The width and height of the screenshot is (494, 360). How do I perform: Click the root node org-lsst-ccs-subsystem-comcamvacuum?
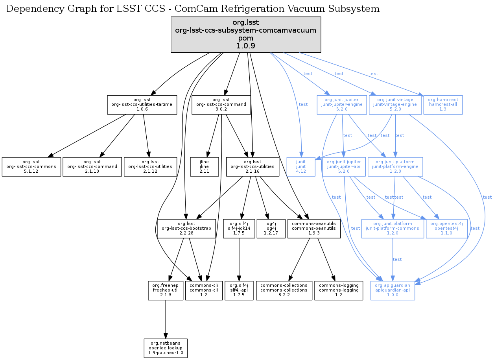click(x=246, y=34)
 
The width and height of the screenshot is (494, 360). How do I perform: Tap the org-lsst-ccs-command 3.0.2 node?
click(x=221, y=105)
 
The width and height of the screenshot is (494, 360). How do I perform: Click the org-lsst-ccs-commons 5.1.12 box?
click(x=31, y=167)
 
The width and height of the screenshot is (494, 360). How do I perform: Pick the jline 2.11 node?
click(x=204, y=167)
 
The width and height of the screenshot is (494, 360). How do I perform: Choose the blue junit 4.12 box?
click(x=301, y=167)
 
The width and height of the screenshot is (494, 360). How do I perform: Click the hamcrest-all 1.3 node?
click(x=443, y=105)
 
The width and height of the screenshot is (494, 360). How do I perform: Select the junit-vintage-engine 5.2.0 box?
click(x=395, y=105)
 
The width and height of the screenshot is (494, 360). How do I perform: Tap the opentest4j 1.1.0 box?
click(x=446, y=229)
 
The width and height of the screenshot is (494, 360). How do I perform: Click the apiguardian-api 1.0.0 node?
click(x=393, y=291)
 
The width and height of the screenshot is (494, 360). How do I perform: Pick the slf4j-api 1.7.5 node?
click(x=239, y=291)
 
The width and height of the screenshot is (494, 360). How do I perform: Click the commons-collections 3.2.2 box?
click(x=284, y=291)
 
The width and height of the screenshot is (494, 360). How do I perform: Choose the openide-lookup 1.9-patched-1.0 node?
click(x=165, y=348)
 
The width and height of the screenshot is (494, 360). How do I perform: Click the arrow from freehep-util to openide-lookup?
click(x=166, y=319)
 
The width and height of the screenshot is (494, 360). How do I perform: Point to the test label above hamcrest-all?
click(x=373, y=74)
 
